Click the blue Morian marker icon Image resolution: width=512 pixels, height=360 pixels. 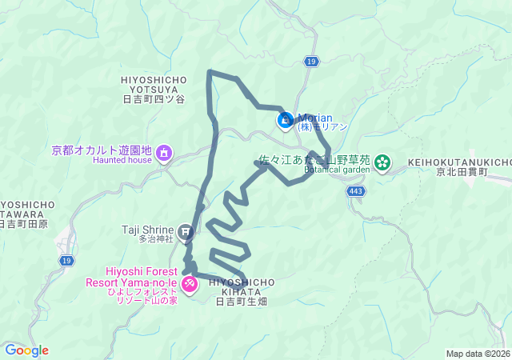(285, 121)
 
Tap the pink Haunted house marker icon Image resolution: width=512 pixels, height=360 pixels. (165, 152)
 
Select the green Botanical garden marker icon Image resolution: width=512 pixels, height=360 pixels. (384, 162)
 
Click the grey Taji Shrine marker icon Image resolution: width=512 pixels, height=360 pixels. (186, 234)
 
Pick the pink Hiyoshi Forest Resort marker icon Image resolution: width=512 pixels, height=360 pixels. (190, 283)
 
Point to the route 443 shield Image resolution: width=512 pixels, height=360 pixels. (357, 191)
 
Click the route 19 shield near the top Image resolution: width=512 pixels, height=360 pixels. (311, 62)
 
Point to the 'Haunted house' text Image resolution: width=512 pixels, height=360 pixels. (122, 160)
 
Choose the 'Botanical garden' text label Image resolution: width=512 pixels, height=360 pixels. (337, 170)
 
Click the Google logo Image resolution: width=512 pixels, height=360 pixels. (26, 350)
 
